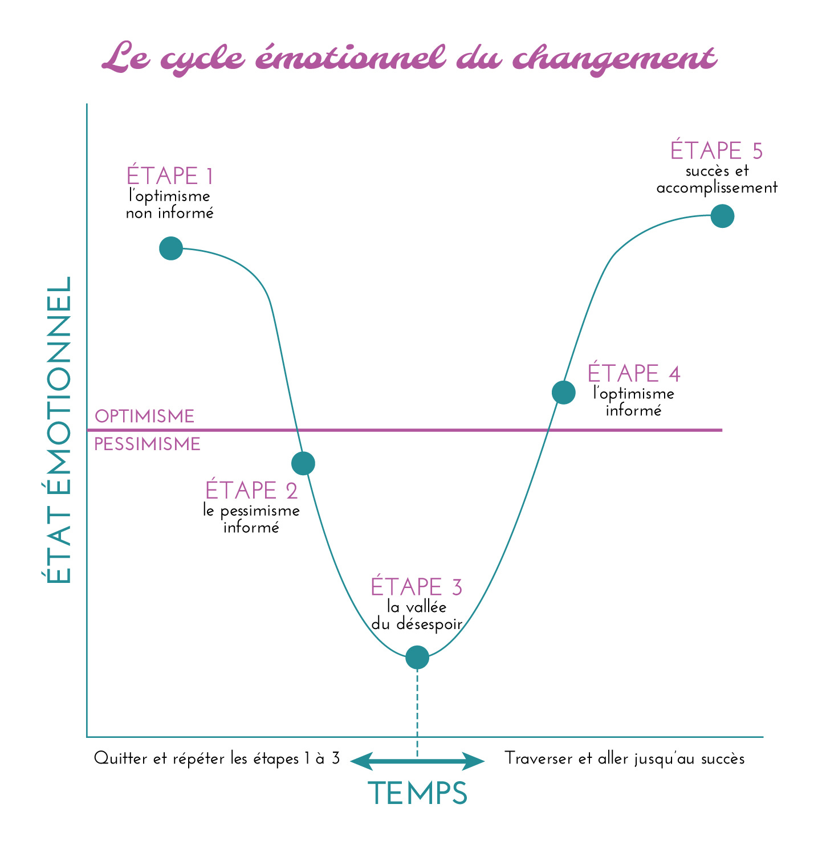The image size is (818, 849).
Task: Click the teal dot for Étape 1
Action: point(171,248)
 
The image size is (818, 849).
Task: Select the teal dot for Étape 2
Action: point(303,463)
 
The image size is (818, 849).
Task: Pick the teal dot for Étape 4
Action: point(564,393)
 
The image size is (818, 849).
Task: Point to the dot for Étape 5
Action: point(723,217)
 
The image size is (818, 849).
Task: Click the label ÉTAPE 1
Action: point(170,177)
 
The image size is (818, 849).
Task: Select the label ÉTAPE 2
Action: point(251,491)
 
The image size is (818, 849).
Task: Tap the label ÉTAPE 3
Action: point(417,587)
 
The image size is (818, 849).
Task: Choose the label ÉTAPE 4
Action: point(634,374)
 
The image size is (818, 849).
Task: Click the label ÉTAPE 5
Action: point(717,151)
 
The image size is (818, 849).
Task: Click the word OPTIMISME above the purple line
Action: point(144,417)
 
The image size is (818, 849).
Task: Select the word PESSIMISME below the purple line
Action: point(147,444)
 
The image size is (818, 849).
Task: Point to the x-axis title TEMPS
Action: point(417,793)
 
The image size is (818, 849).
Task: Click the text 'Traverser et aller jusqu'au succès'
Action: point(625,759)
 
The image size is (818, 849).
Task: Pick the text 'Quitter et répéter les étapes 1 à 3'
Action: point(217,759)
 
